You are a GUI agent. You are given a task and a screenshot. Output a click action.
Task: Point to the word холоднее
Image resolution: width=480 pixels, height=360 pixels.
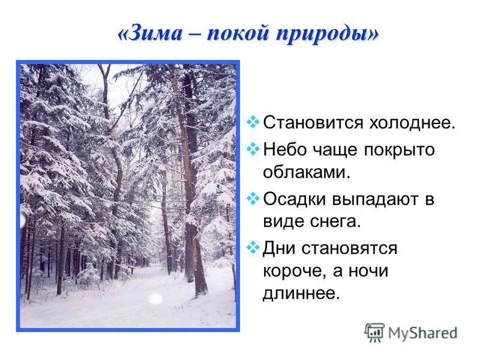click(x=412, y=124)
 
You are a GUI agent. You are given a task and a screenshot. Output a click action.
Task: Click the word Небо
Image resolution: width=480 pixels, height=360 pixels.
click(x=284, y=149)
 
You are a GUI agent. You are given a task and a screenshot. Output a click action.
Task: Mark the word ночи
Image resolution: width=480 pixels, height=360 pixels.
click(x=368, y=271)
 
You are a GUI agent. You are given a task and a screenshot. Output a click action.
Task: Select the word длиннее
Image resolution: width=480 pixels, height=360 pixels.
click(x=301, y=294)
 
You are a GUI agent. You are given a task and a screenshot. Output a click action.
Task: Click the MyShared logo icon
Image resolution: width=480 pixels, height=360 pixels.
click(x=374, y=332)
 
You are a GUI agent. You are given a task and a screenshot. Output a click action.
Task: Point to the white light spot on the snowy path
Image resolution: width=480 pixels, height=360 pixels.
click(x=155, y=298)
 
